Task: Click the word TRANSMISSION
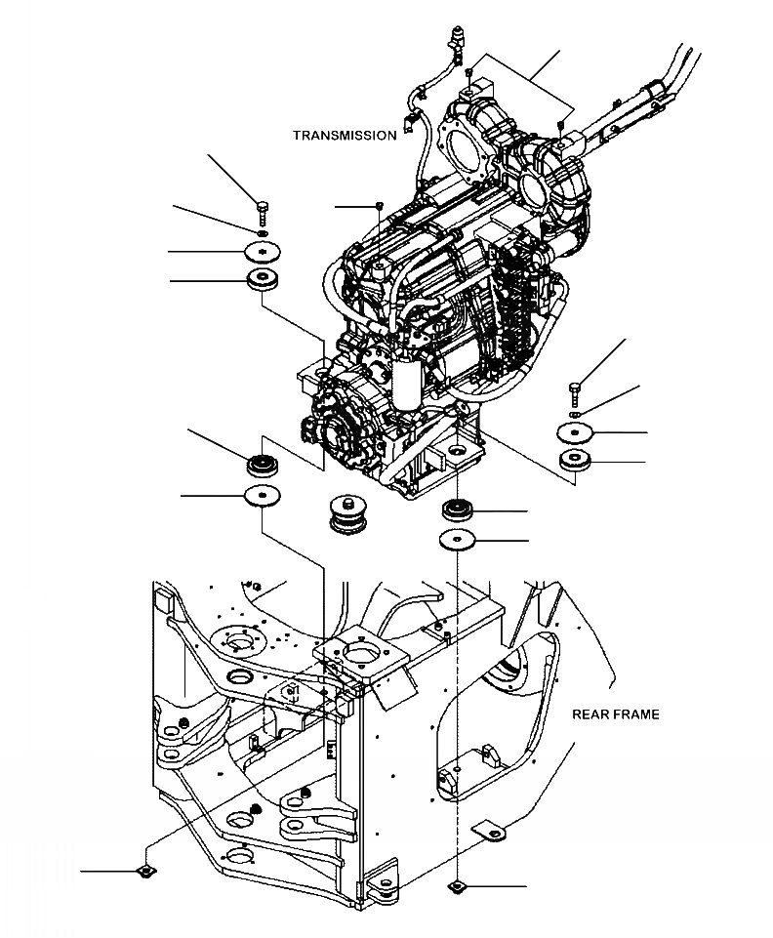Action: click(x=345, y=136)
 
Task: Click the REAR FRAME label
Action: click(x=615, y=714)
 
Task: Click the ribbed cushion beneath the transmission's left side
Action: click(x=262, y=463)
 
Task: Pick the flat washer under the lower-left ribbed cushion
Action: click(x=262, y=496)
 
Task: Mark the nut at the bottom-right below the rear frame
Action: click(x=457, y=886)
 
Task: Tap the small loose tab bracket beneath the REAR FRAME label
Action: click(x=490, y=830)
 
